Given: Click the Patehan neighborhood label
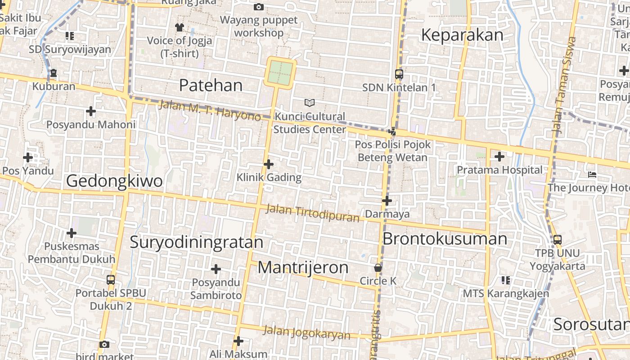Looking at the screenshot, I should click(211, 85).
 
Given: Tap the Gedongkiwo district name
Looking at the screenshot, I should click(114, 181).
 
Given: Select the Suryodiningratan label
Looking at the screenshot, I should click(196, 242).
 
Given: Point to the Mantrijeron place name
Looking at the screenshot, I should click(303, 267).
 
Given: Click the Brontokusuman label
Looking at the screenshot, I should click(445, 238).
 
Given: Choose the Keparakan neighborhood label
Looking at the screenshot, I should click(462, 35).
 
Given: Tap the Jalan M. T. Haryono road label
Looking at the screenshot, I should click(210, 110).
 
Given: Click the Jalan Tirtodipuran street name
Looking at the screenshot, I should click(313, 213).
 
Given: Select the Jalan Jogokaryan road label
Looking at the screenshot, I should click(306, 333).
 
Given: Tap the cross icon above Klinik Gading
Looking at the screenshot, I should click(269, 164).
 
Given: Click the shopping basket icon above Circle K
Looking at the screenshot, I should click(378, 268).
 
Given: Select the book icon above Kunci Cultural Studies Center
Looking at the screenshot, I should click(310, 103).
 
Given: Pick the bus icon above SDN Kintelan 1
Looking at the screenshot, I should click(399, 74).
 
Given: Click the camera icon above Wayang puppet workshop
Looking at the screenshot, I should click(259, 7).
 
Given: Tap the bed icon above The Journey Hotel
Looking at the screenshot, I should click(592, 174).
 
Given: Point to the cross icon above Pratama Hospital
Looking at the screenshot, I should click(499, 157).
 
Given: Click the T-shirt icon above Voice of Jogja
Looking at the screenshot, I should click(180, 27).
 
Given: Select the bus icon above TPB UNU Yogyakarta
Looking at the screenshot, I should click(557, 239).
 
